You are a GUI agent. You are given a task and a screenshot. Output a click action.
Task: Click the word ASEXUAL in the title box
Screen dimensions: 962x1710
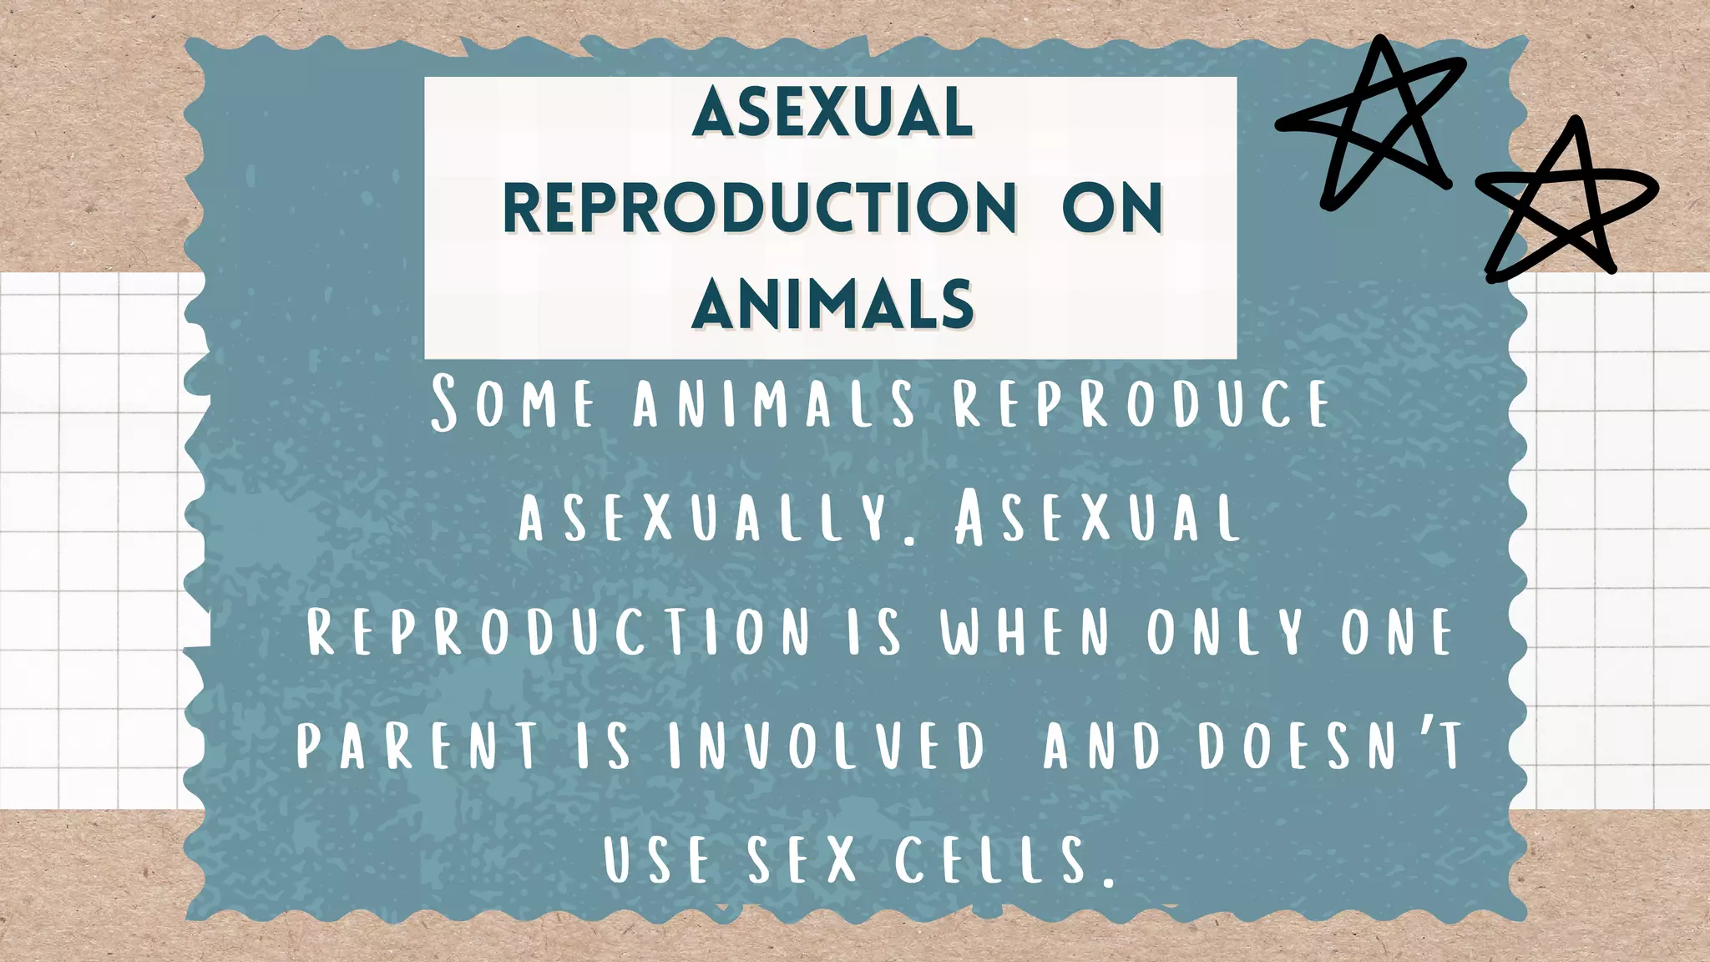[832, 113]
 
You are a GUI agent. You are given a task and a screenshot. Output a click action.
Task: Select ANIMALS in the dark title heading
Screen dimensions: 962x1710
[832, 303]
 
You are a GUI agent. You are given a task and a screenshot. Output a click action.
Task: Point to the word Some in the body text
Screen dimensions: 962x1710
[513, 403]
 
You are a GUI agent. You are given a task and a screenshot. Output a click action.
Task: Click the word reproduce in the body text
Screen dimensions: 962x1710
[1141, 403]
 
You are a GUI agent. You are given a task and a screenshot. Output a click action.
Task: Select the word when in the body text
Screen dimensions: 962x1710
[1025, 631]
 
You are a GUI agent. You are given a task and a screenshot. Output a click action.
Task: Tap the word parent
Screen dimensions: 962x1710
[417, 745]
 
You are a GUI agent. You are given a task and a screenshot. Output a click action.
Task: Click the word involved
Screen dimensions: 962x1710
[827, 745]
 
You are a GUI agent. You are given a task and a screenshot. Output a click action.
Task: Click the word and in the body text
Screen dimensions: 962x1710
[1102, 745]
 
